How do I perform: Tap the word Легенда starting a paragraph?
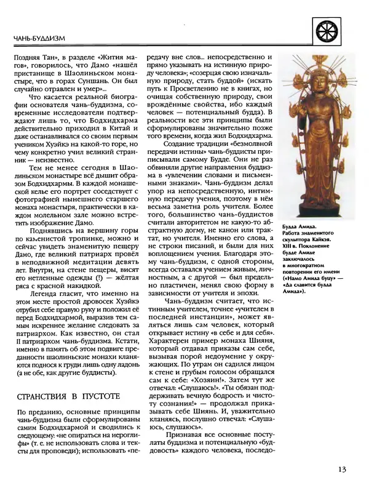tap(39, 294)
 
